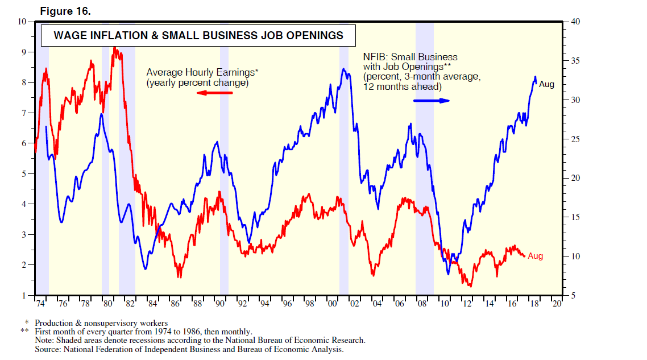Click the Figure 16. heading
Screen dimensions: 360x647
(x=65, y=11)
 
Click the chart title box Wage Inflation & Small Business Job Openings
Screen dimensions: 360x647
(x=198, y=35)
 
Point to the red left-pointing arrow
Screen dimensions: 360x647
(x=210, y=92)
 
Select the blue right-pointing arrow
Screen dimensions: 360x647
(x=432, y=101)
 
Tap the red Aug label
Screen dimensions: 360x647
(x=536, y=256)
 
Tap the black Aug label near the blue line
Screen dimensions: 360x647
(x=546, y=84)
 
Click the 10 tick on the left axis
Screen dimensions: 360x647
(x=23, y=22)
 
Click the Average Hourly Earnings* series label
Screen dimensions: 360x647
(x=202, y=72)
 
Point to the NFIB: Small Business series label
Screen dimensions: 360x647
(x=410, y=57)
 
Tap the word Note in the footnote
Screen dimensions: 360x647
(x=44, y=340)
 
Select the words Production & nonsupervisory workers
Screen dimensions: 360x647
(x=101, y=323)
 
